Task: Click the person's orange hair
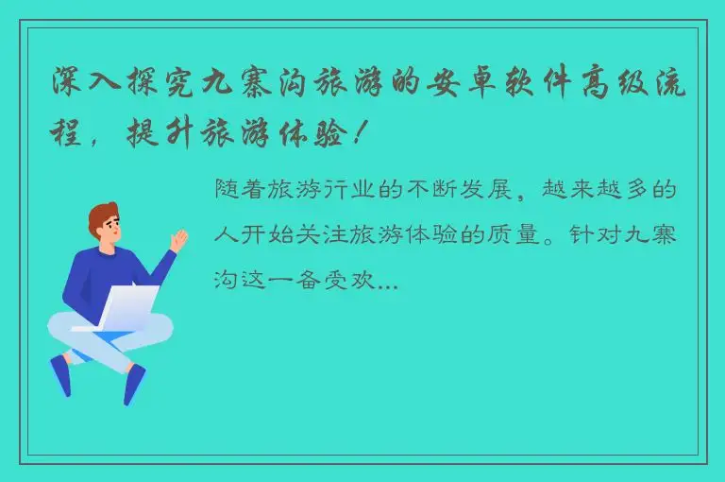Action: [102, 215]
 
